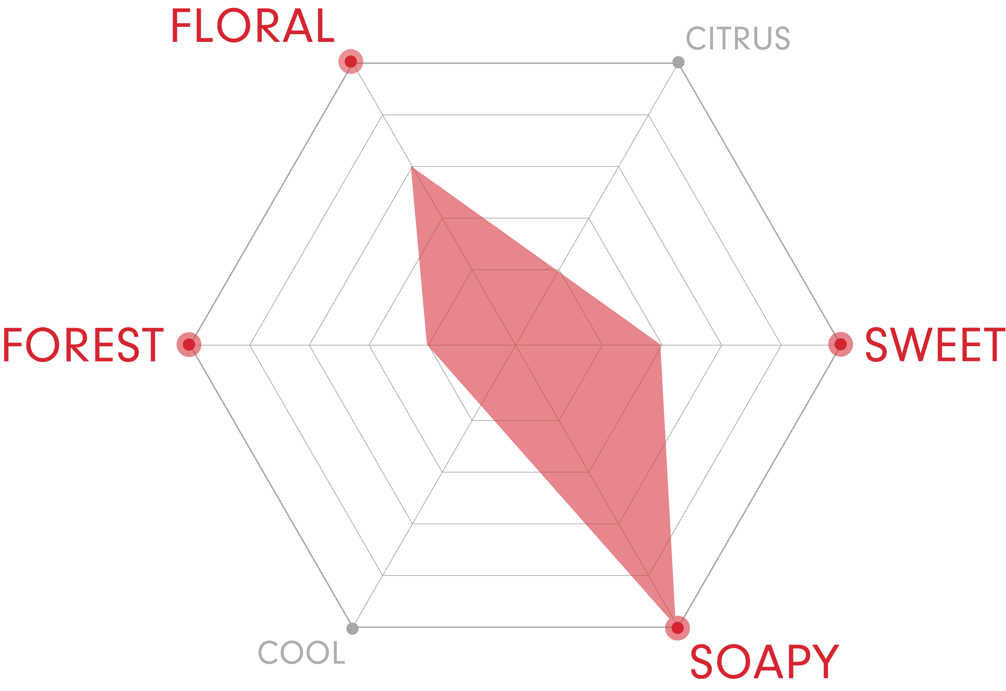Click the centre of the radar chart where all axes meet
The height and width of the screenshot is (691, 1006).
click(515, 345)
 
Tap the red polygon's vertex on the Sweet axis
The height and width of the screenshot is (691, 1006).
click(661, 345)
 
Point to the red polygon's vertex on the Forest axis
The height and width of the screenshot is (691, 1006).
click(428, 345)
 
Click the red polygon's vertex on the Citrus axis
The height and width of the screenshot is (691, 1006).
click(559, 270)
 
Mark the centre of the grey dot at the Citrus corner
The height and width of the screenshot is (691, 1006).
click(678, 62)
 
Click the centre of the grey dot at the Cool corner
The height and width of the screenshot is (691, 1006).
click(352, 628)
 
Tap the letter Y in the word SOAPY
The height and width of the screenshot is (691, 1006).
click(826, 661)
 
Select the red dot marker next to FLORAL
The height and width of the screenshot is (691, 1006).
click(351, 61)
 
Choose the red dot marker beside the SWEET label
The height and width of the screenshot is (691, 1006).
click(841, 344)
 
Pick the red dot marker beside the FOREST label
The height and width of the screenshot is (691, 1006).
click(189, 344)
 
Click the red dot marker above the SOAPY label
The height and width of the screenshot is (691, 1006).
click(677, 628)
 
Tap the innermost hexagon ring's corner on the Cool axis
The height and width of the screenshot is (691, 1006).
click(472, 420)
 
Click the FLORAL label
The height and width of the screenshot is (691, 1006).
click(253, 25)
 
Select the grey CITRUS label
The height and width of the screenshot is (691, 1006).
click(738, 38)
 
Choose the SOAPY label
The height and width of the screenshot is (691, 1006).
click(765, 661)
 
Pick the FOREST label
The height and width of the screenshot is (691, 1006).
click(83, 344)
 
